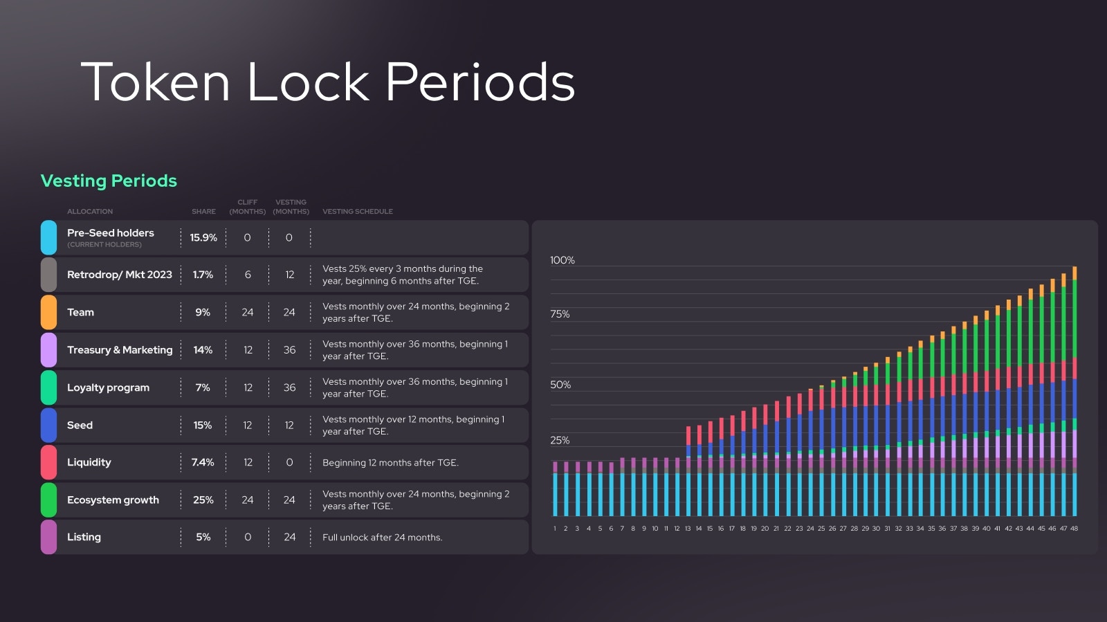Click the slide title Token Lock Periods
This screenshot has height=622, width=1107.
point(327,82)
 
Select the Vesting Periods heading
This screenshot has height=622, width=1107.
point(109,181)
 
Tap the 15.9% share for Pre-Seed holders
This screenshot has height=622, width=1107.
point(203,237)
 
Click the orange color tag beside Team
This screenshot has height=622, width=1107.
point(48,312)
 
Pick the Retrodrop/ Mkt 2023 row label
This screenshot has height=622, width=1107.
point(119,275)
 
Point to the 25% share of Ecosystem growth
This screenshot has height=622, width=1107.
point(203,500)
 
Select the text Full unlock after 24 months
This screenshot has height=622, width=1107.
point(382,538)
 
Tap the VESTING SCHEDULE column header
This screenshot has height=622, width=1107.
point(357,212)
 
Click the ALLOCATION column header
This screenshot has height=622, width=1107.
point(90,212)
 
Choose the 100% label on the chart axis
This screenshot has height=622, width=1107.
point(562,260)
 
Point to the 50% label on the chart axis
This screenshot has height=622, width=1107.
point(560,385)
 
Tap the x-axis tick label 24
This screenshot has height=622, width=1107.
point(810,529)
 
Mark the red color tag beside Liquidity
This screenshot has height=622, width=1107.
point(48,462)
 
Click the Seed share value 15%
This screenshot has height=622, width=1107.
point(203,425)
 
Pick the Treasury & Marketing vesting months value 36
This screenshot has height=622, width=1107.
point(289,350)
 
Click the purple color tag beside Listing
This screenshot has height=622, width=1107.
point(48,537)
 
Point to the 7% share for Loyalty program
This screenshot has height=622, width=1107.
point(203,387)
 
